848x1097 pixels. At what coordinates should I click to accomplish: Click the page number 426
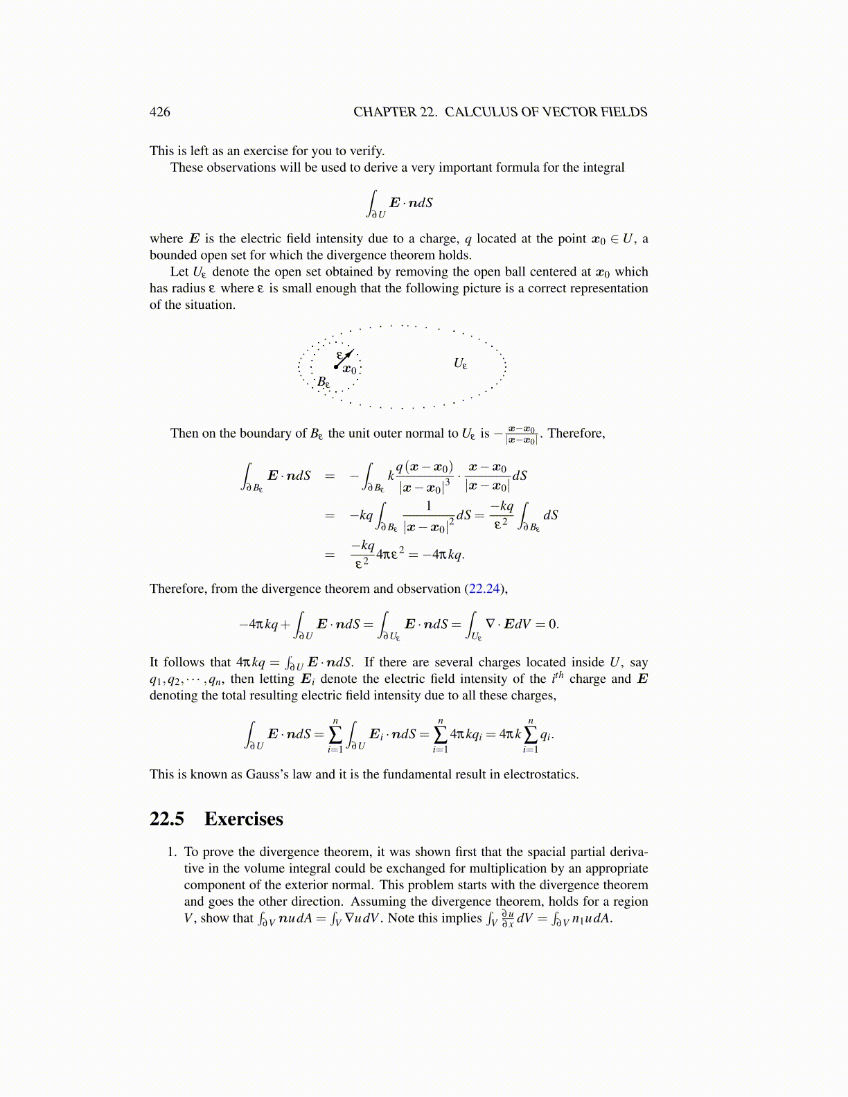[159, 112]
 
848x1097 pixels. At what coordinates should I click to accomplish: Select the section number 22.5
[167, 819]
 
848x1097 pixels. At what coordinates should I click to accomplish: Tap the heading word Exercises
[243, 819]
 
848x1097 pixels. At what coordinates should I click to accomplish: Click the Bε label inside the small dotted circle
[324, 382]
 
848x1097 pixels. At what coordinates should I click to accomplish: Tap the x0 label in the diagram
[350, 371]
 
